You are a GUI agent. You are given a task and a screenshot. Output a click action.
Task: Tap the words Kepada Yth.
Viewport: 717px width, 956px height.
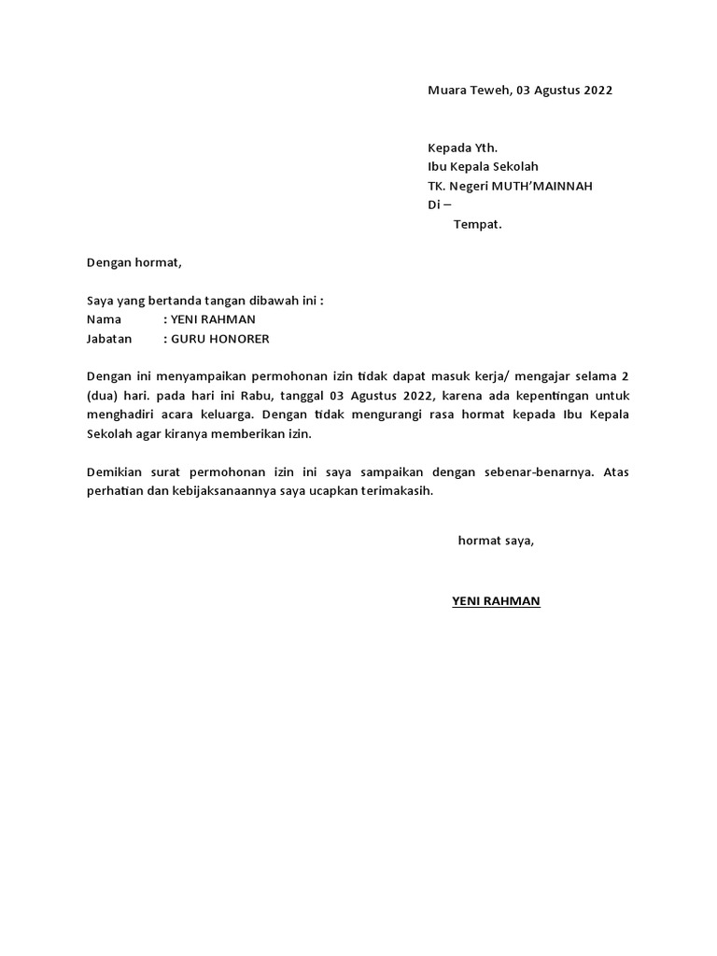click(x=462, y=147)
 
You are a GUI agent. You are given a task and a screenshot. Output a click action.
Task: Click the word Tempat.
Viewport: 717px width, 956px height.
click(x=477, y=224)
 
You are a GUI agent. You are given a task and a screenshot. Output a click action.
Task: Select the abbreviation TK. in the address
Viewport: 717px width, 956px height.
click(x=437, y=186)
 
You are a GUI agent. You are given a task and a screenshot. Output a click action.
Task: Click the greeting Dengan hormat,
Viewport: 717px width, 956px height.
click(x=134, y=262)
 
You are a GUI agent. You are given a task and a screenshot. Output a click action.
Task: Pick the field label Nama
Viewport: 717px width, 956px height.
click(x=104, y=319)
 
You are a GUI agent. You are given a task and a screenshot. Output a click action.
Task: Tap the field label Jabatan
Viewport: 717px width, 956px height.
click(x=109, y=338)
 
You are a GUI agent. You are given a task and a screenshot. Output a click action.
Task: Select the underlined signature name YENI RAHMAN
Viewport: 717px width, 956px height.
click(x=496, y=601)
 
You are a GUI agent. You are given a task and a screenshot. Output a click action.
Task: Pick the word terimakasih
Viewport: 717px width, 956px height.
click(x=397, y=491)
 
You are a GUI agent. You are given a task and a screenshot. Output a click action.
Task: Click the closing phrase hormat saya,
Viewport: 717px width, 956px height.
click(x=496, y=541)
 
